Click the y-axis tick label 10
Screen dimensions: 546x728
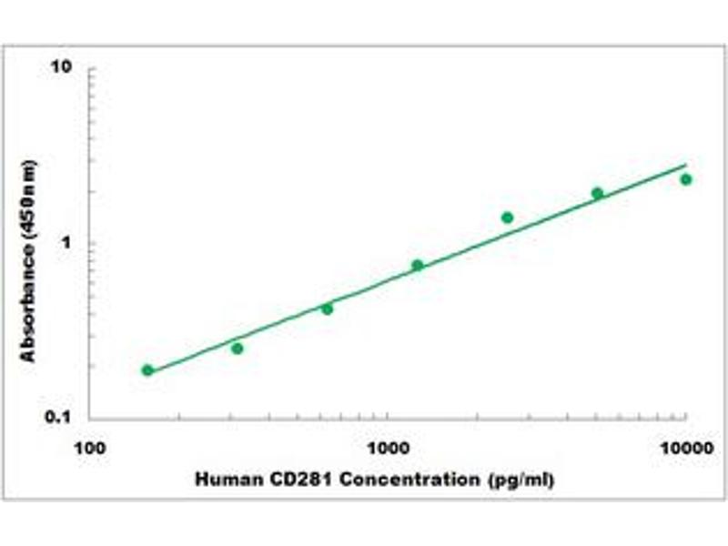tap(63, 68)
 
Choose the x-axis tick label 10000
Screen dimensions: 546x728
tap(685, 448)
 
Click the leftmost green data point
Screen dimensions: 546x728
tap(147, 370)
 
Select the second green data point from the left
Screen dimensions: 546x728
tap(238, 349)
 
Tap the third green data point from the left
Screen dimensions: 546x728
tap(328, 308)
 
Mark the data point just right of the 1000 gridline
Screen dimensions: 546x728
tap(418, 265)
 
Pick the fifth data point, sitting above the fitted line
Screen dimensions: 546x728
tap(507, 217)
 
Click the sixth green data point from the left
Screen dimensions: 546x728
tap(597, 193)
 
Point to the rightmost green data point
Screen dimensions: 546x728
tap(686, 179)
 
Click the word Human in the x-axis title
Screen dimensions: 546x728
tap(225, 479)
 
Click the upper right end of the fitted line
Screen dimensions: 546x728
tap(685, 166)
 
